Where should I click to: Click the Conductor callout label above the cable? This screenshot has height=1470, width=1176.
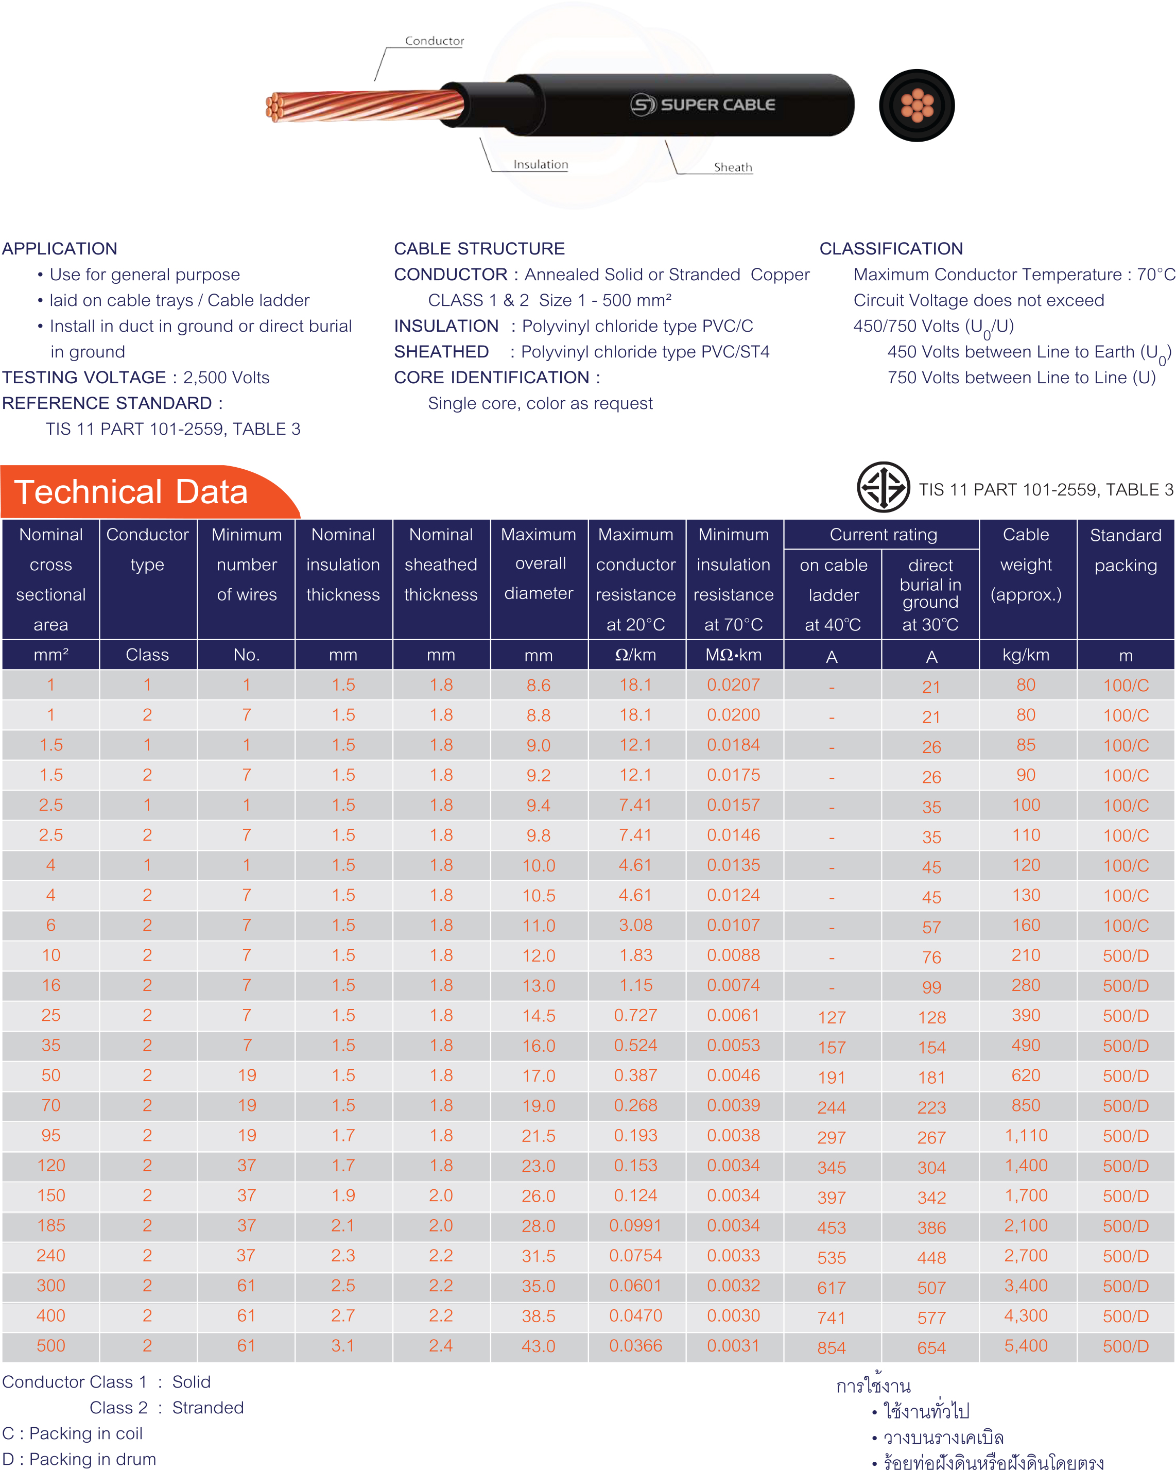pyautogui.click(x=434, y=41)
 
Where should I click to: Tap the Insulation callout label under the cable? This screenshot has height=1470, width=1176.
pyautogui.click(x=541, y=164)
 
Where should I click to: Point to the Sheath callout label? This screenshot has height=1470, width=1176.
pyautogui.click(x=733, y=167)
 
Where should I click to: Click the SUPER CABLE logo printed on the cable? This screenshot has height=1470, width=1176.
pyautogui.click(x=703, y=105)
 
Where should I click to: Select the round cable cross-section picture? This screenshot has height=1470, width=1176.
pyautogui.click(x=917, y=105)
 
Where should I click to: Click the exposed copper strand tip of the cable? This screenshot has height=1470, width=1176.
pyautogui.click(x=275, y=108)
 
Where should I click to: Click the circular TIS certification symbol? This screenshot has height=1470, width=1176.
pyautogui.click(x=884, y=487)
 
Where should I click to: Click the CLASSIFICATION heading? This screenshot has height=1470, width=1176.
pyautogui.click(x=891, y=248)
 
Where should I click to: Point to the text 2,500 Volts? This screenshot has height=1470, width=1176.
pyautogui.click(x=227, y=377)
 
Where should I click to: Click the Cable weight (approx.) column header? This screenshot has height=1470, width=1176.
pyautogui.click(x=1026, y=565)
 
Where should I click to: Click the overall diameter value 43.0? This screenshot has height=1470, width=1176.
pyautogui.click(x=539, y=1346)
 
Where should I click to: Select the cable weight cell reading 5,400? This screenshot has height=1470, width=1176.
pyautogui.click(x=1026, y=1345)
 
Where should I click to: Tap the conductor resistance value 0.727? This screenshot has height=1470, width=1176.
pyautogui.click(x=635, y=1015)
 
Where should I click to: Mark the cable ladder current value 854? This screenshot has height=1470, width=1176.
pyautogui.click(x=832, y=1347)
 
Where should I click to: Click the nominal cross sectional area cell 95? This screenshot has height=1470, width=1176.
pyautogui.click(x=51, y=1135)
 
